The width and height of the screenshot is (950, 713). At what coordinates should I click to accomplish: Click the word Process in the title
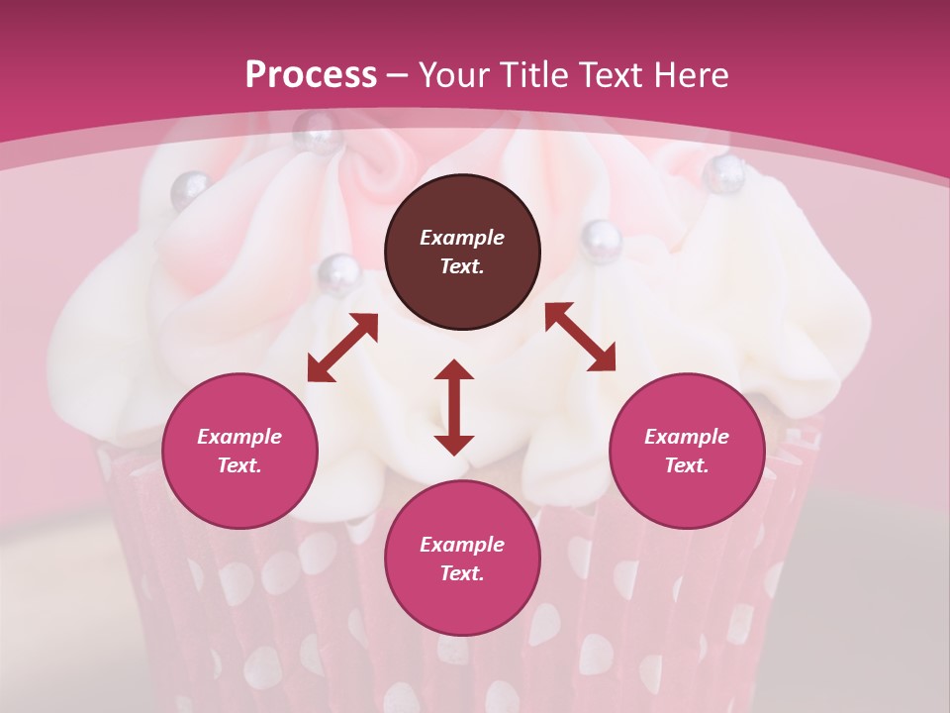click(x=311, y=75)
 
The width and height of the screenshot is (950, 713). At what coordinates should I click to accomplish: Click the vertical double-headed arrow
click(x=454, y=407)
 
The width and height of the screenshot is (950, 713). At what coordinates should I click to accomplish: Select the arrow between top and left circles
click(x=342, y=348)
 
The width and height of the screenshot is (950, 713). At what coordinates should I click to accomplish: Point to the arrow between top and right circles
click(x=581, y=336)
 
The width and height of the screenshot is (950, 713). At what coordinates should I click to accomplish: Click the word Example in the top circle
click(x=462, y=238)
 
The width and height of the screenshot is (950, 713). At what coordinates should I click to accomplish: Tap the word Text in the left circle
click(x=239, y=465)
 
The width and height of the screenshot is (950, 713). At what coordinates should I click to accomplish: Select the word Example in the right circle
click(x=687, y=437)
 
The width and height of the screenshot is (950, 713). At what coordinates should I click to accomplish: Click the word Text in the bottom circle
click(x=462, y=573)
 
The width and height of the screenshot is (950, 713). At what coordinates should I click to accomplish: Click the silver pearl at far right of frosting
click(x=725, y=174)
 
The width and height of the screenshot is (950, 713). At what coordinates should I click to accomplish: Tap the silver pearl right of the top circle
click(x=600, y=239)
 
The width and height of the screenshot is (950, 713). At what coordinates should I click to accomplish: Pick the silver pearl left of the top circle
click(x=336, y=271)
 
